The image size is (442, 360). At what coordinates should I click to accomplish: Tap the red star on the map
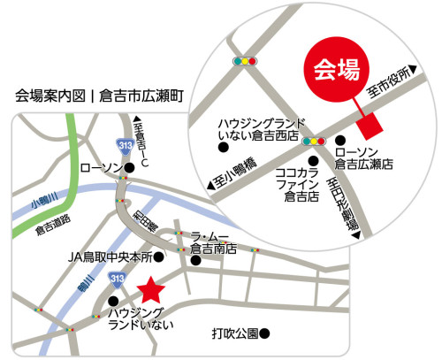pos(150,289)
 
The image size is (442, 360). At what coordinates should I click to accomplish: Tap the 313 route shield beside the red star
pos(117,280)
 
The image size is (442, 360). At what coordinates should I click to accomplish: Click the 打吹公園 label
pos(235,334)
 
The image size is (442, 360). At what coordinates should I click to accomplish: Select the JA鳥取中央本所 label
pos(110,257)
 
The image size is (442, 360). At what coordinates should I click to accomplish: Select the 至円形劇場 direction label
pos(342,203)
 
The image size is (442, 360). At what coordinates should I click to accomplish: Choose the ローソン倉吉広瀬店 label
pos(364,158)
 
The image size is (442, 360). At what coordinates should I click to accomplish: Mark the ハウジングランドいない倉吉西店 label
pos(262,129)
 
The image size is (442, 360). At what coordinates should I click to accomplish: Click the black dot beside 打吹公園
pos(263,334)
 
